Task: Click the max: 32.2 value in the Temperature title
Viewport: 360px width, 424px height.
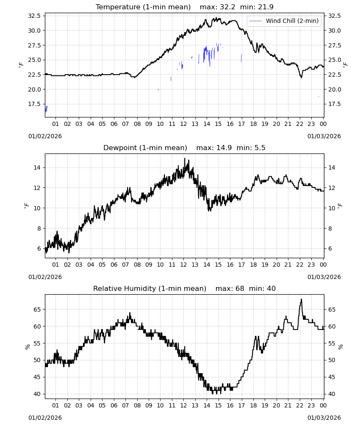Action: [217, 7]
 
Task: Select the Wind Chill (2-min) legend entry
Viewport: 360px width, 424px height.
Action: [284, 21]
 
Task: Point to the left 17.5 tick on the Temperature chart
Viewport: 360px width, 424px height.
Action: [34, 104]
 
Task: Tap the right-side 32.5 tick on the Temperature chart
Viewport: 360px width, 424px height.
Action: [335, 16]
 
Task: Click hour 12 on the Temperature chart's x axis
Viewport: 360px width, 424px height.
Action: [183, 124]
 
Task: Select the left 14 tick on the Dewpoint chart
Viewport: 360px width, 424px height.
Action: [37, 167]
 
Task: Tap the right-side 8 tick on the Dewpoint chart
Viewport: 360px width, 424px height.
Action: [330, 229]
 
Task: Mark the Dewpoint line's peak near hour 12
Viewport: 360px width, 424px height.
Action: [185, 159]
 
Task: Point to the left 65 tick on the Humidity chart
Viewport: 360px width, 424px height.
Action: [37, 310]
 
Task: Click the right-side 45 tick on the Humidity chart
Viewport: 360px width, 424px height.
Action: [332, 377]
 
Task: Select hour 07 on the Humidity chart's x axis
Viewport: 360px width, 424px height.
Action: [125, 405]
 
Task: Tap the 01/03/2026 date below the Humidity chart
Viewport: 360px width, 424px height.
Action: [324, 418]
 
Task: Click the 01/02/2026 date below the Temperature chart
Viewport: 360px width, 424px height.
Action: [45, 136]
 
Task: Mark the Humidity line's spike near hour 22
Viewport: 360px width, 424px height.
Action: [302, 299]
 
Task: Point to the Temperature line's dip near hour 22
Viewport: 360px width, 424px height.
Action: [302, 77]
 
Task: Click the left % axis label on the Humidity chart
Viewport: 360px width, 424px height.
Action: [27, 347]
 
